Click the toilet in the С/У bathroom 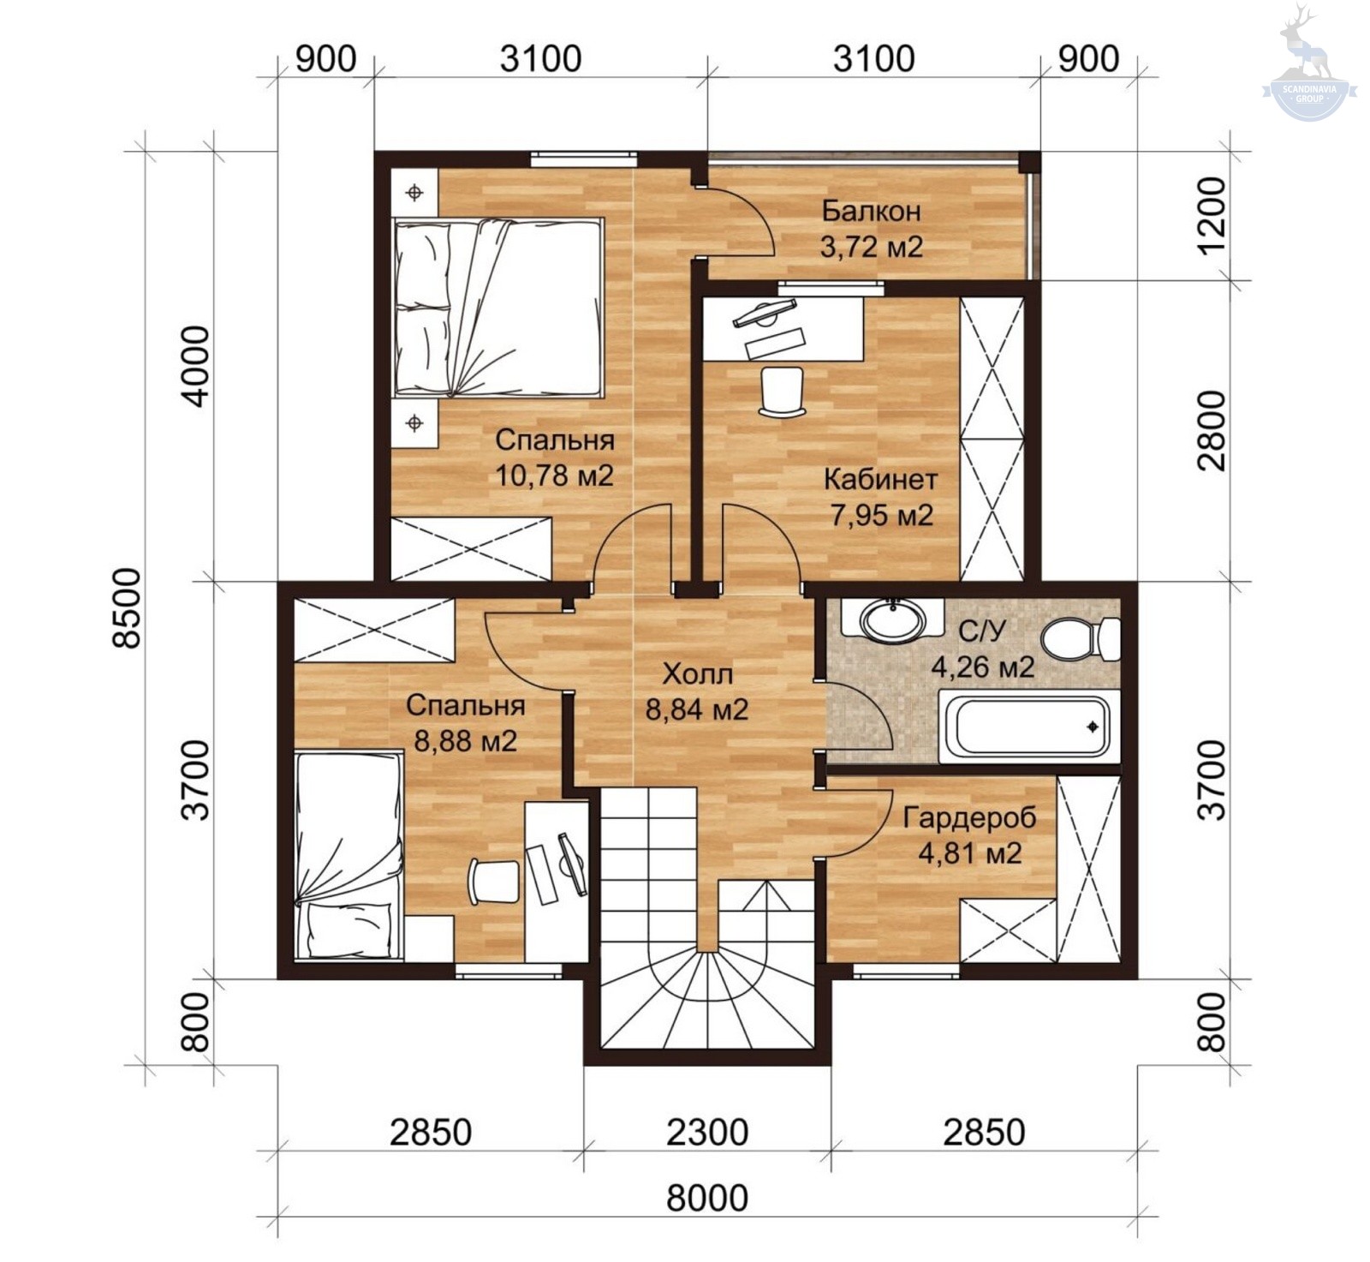coord(1081,639)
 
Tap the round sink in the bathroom coord(893,619)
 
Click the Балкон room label coord(871,211)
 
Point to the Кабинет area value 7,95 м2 coord(881,516)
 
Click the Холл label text coord(698,674)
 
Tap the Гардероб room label coord(969,818)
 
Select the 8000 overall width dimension coord(707,1198)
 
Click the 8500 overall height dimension coord(128,608)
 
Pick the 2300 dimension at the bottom coord(707,1133)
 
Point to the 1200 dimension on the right coord(1212,216)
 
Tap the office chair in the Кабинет coord(782,392)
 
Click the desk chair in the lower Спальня coord(494,882)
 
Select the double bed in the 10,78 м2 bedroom coord(498,308)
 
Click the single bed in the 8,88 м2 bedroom coord(348,855)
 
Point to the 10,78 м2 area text coord(555,475)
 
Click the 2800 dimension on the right coord(1212,431)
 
